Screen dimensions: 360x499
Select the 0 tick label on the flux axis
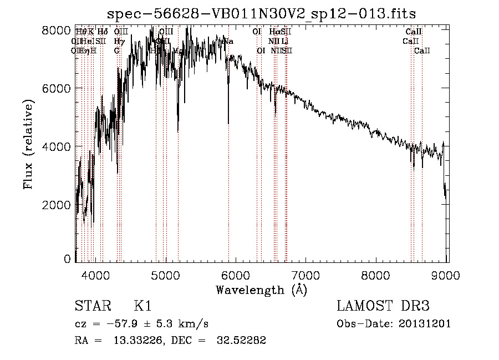click(x=67, y=258)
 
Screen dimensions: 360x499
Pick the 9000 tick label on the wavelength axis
click(x=447, y=275)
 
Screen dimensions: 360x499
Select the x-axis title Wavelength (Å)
click(x=261, y=290)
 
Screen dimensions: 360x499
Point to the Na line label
click(x=228, y=41)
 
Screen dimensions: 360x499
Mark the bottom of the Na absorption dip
click(x=228, y=123)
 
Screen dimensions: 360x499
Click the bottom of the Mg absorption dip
click(x=178, y=131)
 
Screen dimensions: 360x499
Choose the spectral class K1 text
click(x=142, y=306)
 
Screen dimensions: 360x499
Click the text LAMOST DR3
click(x=383, y=306)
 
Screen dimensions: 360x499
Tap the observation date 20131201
click(x=425, y=324)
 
